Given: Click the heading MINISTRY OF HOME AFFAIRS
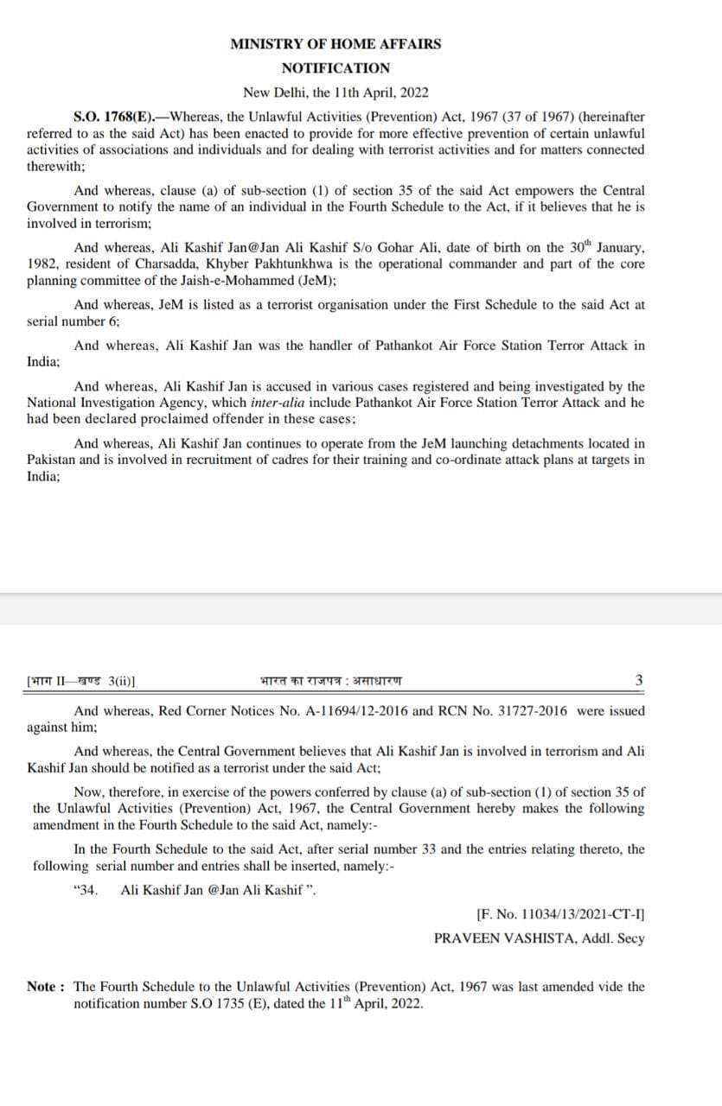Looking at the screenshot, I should pyautogui.click(x=335, y=44).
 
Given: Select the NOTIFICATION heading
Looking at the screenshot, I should pyautogui.click(x=335, y=68).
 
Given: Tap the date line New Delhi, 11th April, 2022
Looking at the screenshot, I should pyautogui.click(x=335, y=92).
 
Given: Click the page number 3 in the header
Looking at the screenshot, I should pyautogui.click(x=639, y=680).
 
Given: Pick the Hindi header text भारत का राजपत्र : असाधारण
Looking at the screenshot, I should pyautogui.click(x=330, y=681).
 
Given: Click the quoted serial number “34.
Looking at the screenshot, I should pyautogui.click(x=88, y=890).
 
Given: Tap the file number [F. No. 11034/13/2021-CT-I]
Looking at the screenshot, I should pyautogui.click(x=560, y=913).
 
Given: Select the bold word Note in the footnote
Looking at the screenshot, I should pyautogui.click(x=42, y=987).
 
